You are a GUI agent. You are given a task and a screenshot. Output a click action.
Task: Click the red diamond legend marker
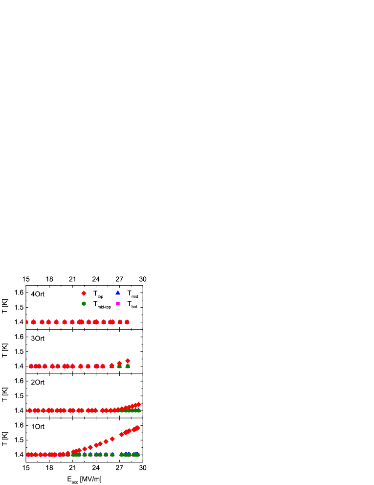point(84,293)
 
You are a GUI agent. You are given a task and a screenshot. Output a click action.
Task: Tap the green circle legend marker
point(84,303)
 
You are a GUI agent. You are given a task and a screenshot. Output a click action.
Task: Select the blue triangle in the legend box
point(118,292)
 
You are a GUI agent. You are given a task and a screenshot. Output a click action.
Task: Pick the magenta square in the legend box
point(118,303)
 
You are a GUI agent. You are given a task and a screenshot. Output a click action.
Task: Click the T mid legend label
point(132,294)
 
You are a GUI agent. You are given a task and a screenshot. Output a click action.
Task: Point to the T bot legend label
point(132,304)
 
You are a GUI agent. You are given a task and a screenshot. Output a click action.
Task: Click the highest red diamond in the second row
point(128,361)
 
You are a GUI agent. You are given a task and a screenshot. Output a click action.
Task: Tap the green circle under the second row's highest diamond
point(128,366)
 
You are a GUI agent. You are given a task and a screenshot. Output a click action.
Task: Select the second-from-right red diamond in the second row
point(119,363)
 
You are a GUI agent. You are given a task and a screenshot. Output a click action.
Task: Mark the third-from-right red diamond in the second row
point(111,365)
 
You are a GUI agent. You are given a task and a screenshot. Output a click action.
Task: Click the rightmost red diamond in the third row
point(139,404)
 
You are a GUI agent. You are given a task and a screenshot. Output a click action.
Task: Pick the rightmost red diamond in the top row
point(127,322)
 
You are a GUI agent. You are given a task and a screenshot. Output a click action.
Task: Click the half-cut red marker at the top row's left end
point(27,322)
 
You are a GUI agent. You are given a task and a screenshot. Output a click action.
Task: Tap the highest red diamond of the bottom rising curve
point(138,428)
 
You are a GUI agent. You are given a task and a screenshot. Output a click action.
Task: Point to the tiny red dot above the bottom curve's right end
point(142,424)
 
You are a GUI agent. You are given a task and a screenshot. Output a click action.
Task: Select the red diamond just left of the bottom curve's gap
point(112,439)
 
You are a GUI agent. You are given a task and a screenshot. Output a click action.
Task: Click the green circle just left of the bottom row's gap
point(112,455)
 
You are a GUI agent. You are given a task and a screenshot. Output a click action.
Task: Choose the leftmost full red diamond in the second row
point(31,366)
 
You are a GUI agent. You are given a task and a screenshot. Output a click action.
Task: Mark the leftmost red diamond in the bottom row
point(28,455)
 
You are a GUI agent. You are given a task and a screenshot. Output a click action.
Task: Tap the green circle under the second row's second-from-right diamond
point(119,366)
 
